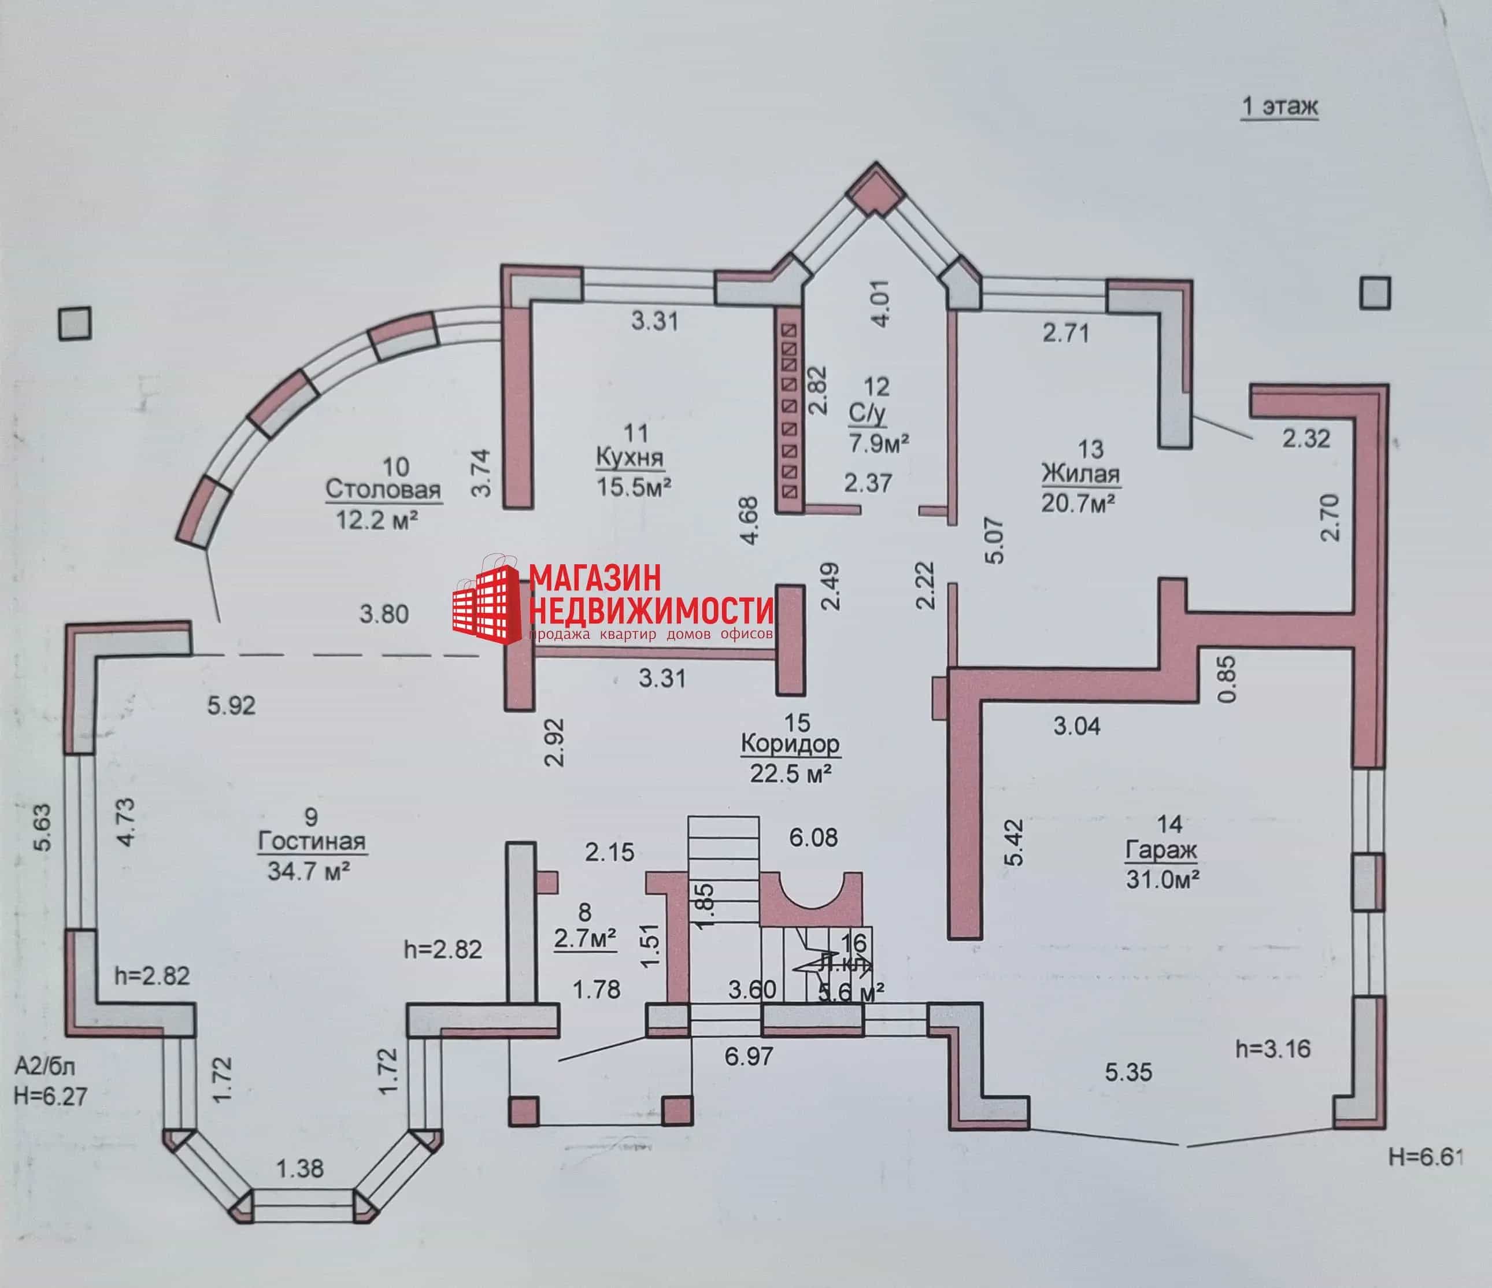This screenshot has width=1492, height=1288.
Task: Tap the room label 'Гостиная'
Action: pos(312,842)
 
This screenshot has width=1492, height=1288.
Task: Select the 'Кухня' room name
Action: pos(630,458)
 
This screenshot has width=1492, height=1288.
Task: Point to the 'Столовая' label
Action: pos(383,490)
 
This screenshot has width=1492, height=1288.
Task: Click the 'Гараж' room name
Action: pos(1161,850)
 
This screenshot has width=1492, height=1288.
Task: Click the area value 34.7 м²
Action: pos(309,872)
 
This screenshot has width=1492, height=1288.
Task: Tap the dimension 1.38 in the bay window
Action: pos(300,1168)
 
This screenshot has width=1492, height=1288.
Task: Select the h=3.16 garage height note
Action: pos(1273,1049)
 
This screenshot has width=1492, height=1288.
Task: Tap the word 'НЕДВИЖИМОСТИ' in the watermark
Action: pos(651,610)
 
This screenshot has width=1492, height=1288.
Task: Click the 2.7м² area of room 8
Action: pos(584,938)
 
